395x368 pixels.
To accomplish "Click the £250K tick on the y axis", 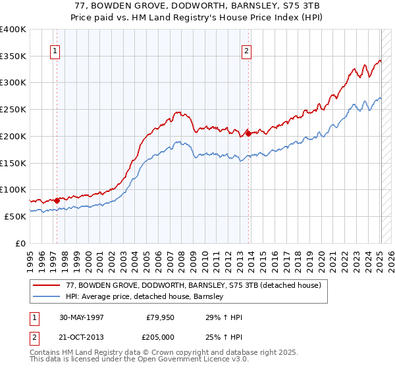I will (x=13, y=110).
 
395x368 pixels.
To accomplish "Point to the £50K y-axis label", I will (x=14, y=216).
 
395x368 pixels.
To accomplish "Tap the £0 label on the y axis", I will (x=20, y=243).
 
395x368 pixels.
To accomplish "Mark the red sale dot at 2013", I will (x=248, y=133).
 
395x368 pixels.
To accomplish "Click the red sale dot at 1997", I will (x=57, y=200).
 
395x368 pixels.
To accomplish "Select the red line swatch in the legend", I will (x=46, y=285).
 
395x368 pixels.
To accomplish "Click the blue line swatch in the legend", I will (x=46, y=296).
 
